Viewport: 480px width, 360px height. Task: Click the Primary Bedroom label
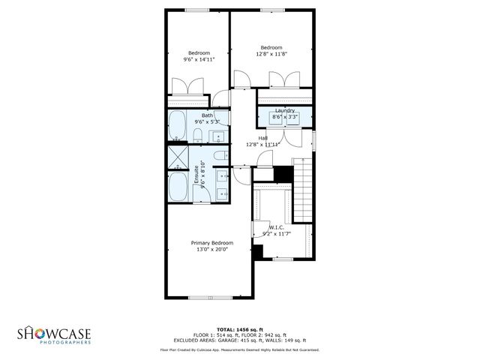tap(211, 243)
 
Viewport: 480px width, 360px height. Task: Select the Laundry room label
tap(285, 110)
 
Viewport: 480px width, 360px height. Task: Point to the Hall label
tap(262, 138)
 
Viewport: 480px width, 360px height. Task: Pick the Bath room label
tap(206, 115)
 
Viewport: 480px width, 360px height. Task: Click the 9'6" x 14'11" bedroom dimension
tap(199, 59)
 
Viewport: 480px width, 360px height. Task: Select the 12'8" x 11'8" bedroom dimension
tap(271, 54)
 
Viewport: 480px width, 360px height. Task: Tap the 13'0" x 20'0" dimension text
tap(211, 250)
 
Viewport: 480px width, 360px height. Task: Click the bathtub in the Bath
tap(178, 126)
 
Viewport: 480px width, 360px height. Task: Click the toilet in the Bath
tap(196, 135)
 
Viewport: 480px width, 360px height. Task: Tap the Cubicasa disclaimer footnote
tap(239, 349)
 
